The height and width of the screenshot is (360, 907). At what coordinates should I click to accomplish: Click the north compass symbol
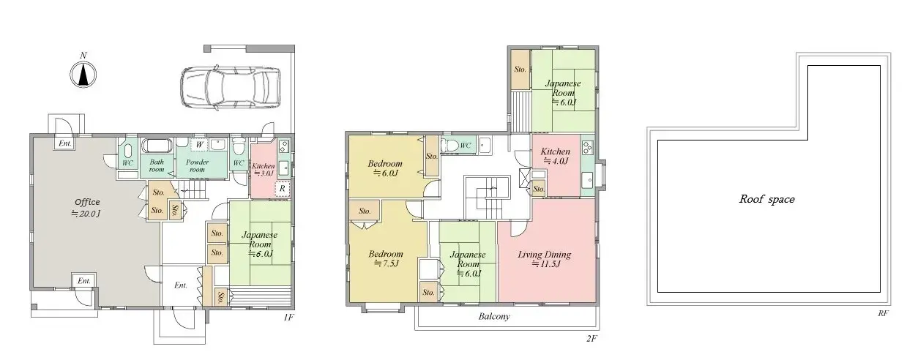[x=83, y=73]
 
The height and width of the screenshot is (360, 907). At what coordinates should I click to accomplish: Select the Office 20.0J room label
[x=86, y=208]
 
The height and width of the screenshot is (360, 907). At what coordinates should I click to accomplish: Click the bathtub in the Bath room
[x=155, y=145]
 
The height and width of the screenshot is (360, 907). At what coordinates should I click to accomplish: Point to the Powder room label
[x=196, y=165]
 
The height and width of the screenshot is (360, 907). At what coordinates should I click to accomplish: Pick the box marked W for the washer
[x=199, y=145]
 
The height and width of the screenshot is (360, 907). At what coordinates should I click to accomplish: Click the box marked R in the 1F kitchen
[x=283, y=188]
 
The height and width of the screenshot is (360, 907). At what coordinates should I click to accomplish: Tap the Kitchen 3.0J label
[x=263, y=170]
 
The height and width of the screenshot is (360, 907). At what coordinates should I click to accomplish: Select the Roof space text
[x=766, y=199]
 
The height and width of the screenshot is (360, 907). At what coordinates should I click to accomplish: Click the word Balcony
[x=494, y=317]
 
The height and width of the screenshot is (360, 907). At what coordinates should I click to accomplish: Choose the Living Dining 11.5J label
[x=544, y=259]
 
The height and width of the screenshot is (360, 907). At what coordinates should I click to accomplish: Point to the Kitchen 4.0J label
[x=554, y=156]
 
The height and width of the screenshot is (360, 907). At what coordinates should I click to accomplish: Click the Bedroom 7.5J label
[x=385, y=258]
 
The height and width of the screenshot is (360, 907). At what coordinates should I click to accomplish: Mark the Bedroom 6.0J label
[x=384, y=168]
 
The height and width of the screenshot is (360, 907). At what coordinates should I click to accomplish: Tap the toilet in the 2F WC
[x=450, y=144]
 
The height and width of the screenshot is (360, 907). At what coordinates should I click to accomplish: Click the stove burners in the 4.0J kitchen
[x=587, y=146]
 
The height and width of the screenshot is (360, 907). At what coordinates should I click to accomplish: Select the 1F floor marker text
[x=288, y=318]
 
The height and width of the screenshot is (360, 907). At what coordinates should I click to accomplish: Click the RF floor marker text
[x=883, y=313]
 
